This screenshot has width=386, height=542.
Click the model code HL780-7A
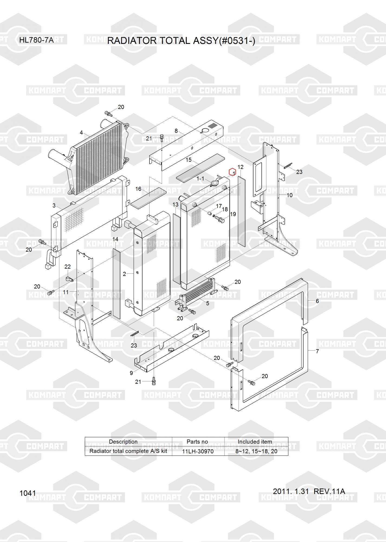pos(36,40)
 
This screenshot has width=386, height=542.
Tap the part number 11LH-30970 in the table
pos(198,451)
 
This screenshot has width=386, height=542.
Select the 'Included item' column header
pos(255,442)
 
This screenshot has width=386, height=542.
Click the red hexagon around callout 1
pos(232,172)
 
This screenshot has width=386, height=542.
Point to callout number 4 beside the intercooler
pos(81,133)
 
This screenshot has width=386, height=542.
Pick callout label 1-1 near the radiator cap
pos(200,179)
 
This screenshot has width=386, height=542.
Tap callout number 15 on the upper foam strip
pos(189,160)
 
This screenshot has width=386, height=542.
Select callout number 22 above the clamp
pos(67,267)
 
